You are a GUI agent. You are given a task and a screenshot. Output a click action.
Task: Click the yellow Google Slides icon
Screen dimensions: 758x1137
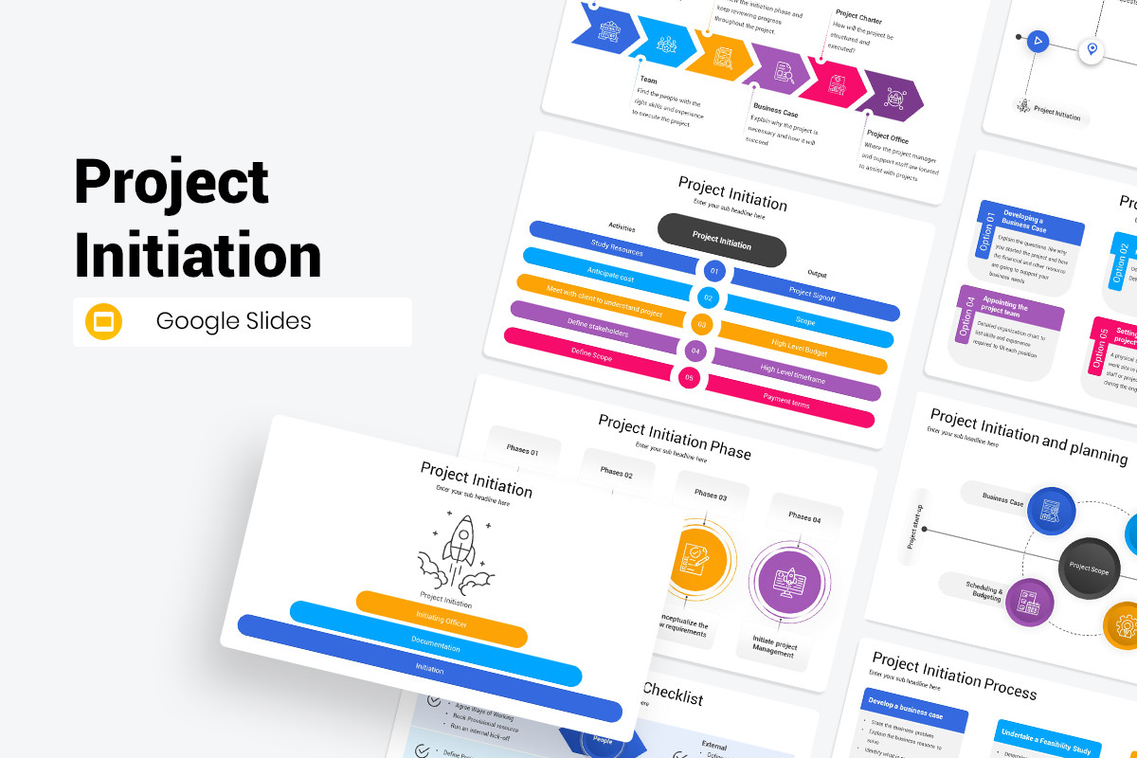[x=104, y=321]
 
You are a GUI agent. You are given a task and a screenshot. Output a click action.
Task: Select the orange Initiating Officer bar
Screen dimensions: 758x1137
[x=441, y=620]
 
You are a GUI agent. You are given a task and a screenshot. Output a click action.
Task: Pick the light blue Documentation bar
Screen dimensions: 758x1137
[x=436, y=645]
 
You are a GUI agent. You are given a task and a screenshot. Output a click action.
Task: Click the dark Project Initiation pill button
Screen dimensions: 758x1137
[x=722, y=239]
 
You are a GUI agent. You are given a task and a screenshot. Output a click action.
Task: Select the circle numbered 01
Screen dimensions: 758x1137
[x=714, y=272]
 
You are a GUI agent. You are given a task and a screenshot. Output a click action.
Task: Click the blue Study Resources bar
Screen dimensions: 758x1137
[x=616, y=247]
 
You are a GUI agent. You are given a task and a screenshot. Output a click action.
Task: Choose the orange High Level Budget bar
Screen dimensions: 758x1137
[x=799, y=350]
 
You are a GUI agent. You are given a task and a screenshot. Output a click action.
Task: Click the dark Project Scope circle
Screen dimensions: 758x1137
[x=1089, y=568]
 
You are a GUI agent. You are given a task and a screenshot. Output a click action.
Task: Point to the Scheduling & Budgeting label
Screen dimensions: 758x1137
[x=984, y=590]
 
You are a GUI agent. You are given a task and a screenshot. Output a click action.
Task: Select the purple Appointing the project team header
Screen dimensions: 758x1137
[x=1011, y=310]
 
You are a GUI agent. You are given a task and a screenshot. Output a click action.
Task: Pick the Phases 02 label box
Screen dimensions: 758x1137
[x=617, y=471]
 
